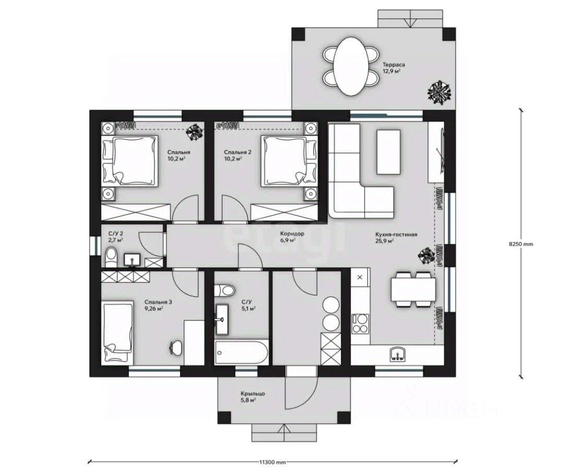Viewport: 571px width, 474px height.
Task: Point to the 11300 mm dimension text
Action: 272,463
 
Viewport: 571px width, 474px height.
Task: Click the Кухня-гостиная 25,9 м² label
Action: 396,238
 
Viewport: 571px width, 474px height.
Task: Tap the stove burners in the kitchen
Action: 360,323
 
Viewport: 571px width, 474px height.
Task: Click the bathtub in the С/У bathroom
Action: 242,352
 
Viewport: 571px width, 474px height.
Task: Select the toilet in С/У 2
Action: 111,257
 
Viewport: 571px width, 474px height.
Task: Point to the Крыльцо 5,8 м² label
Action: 253,396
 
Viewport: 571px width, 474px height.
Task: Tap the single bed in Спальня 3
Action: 117,332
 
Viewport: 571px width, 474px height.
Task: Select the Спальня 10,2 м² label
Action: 179,155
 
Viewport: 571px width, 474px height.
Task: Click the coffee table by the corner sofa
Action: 388,152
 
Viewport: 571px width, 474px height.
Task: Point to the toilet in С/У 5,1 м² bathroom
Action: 224,290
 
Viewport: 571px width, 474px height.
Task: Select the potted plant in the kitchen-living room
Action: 426,256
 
